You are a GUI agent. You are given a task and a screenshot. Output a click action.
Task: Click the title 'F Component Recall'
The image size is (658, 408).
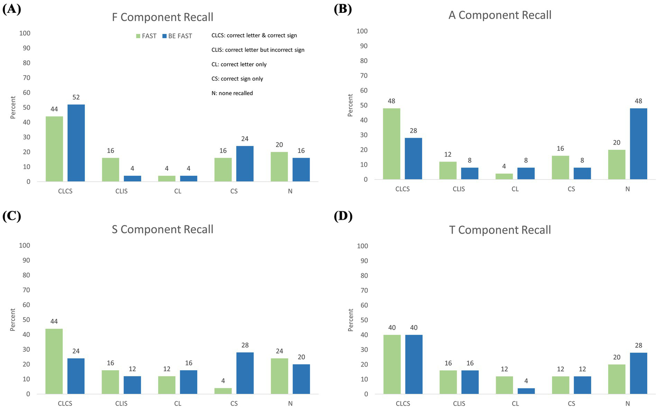tap(162, 17)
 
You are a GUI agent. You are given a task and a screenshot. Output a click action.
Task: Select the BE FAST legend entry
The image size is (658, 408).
tap(177, 36)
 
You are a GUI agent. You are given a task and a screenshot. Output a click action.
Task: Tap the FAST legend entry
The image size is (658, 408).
tap(146, 36)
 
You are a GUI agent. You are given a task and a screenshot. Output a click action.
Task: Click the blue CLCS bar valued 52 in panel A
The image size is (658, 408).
tap(76, 143)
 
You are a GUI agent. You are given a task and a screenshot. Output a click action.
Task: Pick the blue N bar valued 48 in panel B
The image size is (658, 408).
tap(638, 144)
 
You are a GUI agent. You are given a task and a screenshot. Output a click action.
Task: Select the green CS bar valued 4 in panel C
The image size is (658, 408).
tap(223, 391)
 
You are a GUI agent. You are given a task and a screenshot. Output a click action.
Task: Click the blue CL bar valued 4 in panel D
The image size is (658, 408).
tap(526, 391)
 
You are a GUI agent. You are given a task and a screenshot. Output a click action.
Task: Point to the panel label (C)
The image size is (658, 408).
tap(12, 216)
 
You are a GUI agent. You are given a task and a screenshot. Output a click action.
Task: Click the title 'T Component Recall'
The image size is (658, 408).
tap(500, 230)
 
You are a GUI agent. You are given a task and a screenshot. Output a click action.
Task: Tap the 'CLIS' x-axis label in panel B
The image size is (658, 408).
tap(459, 189)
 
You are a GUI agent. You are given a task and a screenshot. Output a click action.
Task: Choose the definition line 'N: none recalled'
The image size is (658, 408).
tap(232, 93)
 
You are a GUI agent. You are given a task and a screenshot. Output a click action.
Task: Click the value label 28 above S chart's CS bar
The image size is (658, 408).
tap(245, 345)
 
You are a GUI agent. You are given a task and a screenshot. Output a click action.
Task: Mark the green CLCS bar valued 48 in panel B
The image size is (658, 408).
tap(392, 144)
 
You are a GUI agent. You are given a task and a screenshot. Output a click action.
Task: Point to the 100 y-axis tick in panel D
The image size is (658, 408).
tap(362, 246)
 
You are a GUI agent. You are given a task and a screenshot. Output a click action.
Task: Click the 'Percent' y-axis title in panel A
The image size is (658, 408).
tap(13, 107)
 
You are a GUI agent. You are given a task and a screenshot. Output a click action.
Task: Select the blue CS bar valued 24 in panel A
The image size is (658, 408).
tap(245, 164)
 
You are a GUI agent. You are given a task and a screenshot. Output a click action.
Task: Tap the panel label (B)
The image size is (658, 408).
tap(343, 9)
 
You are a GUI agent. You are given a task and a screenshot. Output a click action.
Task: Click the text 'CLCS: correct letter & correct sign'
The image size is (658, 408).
tap(254, 36)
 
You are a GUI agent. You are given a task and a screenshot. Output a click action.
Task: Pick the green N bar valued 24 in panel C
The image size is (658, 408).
tap(279, 376)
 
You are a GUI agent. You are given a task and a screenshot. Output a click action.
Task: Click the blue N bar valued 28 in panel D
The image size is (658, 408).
tap(638, 373)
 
